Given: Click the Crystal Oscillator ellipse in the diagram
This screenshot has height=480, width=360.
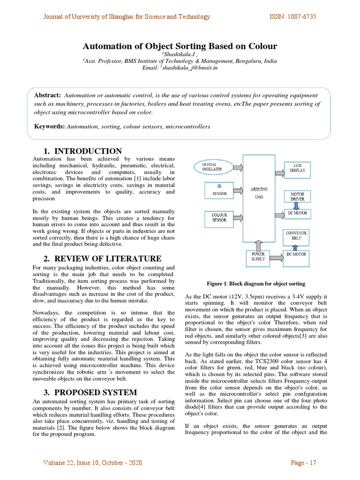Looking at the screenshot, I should tap(213, 167).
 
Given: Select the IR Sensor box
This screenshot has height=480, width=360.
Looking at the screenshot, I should tap(219, 190).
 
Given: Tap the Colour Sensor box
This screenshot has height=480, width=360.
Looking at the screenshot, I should tap(219, 217).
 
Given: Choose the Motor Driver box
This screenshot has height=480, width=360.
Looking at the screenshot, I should tap(297, 196).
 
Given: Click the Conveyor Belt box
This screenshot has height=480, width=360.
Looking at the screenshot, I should tap(297, 235).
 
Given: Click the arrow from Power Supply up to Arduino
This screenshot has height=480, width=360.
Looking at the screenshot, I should tap(258, 245).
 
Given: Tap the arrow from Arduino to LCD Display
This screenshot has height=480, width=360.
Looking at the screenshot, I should tap(279, 173).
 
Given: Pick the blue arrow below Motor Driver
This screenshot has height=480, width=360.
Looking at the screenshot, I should tap(297, 205).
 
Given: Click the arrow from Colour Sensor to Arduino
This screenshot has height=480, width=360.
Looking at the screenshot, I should tap(238, 218).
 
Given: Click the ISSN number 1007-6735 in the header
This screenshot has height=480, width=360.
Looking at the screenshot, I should tap(292, 17).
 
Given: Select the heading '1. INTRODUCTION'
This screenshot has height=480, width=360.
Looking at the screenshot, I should tap(82, 151).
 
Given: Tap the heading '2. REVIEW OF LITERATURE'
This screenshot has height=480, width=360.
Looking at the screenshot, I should tap(102, 259).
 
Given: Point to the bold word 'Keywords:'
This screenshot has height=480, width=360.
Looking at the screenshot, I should tap(50, 127).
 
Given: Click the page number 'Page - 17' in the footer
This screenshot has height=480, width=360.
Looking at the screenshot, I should tap(304, 463).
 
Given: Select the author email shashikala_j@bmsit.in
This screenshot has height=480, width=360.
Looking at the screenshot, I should tap(189, 67).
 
